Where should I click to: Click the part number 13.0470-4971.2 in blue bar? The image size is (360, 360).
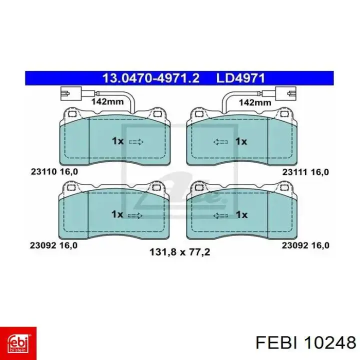click(151, 78)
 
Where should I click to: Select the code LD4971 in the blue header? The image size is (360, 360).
click(240, 78)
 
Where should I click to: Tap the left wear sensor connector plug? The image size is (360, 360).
click(70, 93)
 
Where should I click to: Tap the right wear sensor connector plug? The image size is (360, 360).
click(286, 93)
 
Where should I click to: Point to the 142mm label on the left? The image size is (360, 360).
click(107, 101)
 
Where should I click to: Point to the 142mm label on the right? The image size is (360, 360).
click(255, 102)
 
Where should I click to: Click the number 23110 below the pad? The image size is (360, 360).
click(44, 171)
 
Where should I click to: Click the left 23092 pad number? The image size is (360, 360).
click(43, 245)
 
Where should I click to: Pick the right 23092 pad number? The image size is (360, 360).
click(295, 245)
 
